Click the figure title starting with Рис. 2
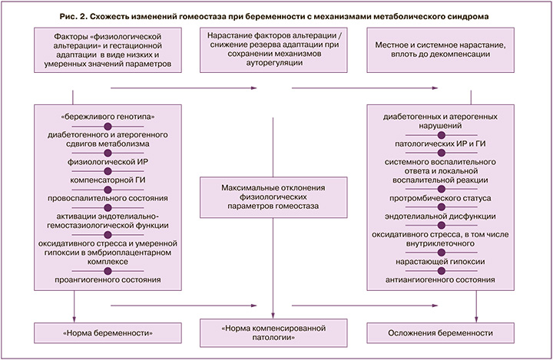[276, 16]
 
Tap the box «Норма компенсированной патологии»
[276, 332]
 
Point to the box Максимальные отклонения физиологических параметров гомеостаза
[274, 197]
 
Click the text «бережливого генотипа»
[108, 117]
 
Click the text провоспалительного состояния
[108, 198]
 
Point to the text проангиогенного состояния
[108, 280]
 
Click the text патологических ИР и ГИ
[441, 144]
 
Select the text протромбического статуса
[441, 197]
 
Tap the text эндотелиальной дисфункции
[441, 216]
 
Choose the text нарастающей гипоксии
[441, 261]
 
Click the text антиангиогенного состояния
[441, 280]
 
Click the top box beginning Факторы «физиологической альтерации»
[108, 50]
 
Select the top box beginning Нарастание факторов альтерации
[274, 50]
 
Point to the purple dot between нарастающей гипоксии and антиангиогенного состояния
[441, 271]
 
